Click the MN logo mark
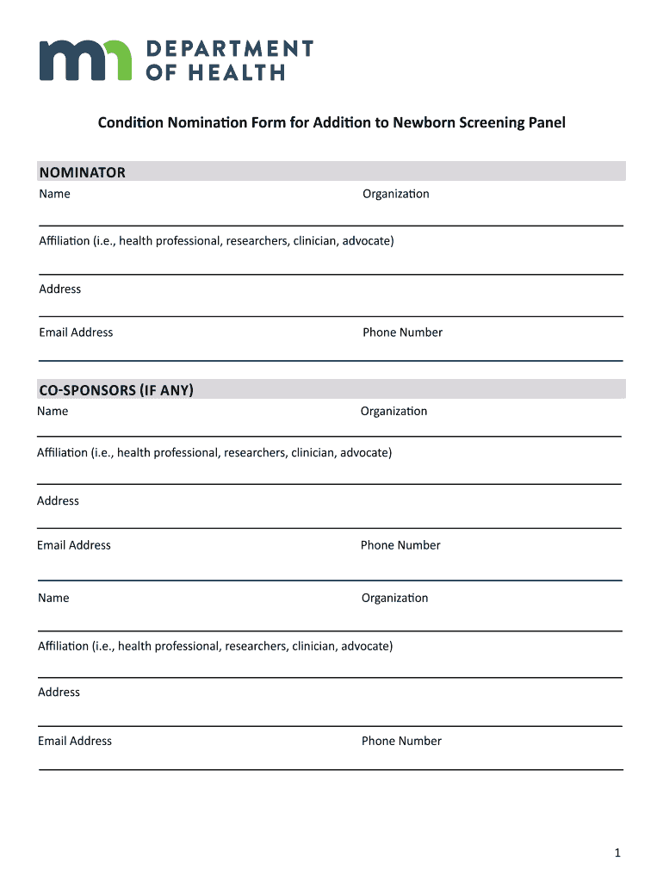[x=85, y=60]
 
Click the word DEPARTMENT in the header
[x=229, y=48]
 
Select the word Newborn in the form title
[x=421, y=122]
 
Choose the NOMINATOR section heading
[x=82, y=172]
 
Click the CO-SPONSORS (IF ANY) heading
[x=116, y=390]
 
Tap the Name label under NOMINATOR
[x=54, y=194]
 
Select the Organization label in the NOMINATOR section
[x=395, y=194]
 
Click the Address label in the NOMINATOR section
[x=60, y=289]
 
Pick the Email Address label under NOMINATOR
[x=76, y=332]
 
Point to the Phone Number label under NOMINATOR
[x=402, y=332]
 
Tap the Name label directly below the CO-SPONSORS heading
[x=53, y=411]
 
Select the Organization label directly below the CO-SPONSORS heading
[x=393, y=411]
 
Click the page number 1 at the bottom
[x=617, y=853]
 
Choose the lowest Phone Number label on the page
[x=401, y=741]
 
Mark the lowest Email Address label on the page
[x=75, y=741]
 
